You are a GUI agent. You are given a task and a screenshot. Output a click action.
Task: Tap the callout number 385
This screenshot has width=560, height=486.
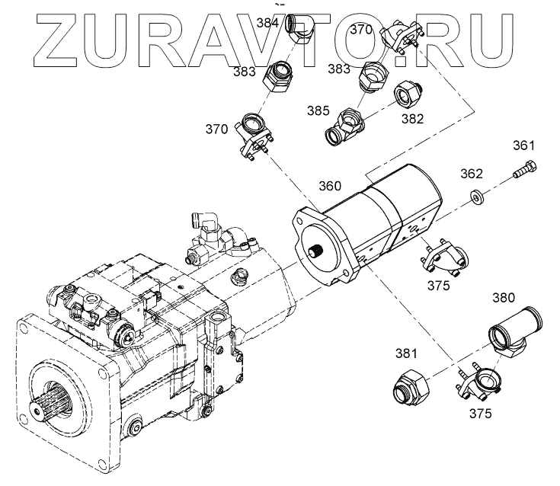(318, 110)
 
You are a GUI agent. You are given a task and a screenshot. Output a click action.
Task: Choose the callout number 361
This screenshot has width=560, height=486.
(523, 145)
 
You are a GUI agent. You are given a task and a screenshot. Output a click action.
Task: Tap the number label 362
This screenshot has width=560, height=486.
(472, 174)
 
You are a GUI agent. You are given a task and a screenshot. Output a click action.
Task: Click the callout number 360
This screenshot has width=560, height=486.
(329, 186)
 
